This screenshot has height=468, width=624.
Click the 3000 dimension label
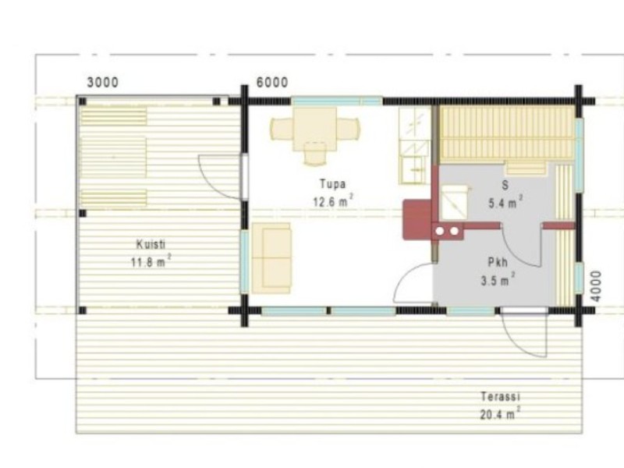103,83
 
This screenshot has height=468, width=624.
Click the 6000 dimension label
272,83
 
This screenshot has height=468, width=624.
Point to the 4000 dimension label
596,286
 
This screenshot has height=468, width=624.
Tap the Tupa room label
333,184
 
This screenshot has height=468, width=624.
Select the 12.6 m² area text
333,201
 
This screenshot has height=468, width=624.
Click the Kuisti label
151,244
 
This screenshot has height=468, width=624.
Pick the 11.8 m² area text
151,261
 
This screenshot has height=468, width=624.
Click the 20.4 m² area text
500,414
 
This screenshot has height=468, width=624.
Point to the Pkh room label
498,262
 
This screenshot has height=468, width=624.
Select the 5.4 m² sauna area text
505,203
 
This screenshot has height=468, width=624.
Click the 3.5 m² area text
498,280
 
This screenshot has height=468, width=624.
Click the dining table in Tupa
315,129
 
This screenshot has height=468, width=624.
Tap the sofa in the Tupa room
271,258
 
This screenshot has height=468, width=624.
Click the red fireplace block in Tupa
417,220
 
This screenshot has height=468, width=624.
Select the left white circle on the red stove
440,231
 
